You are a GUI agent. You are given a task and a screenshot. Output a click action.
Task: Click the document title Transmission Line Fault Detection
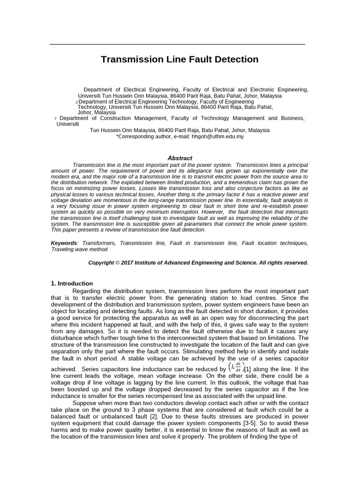point(180,60)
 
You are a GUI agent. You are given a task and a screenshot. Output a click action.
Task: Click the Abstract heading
point(180,158)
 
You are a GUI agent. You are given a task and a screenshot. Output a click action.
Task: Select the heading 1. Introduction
point(72,284)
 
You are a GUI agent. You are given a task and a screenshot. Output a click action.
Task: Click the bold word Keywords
point(63,243)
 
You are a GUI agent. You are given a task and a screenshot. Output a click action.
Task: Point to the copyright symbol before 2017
point(117,263)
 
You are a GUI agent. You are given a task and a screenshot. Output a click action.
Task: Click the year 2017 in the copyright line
point(127,263)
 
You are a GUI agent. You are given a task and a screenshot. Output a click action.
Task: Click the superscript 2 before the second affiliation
point(76,102)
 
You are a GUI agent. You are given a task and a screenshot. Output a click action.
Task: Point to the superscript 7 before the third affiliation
point(56,119)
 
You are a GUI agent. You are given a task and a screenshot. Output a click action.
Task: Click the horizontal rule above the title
point(177,44)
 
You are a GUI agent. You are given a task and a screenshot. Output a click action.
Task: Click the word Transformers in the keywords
point(99,243)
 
